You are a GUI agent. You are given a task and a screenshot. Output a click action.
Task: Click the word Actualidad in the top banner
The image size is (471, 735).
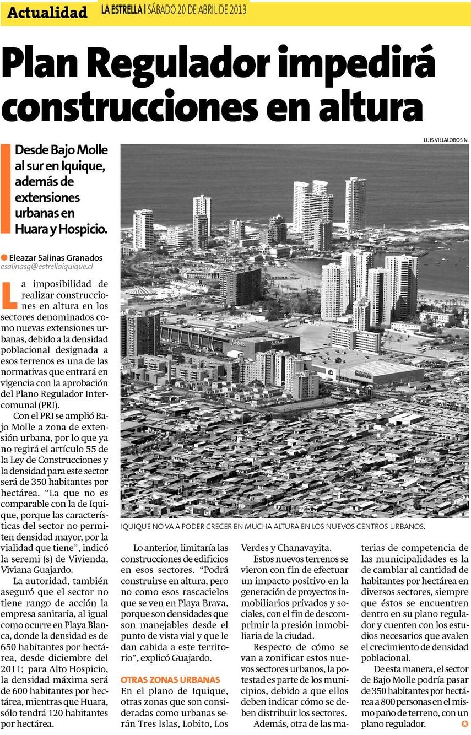tap(47, 13)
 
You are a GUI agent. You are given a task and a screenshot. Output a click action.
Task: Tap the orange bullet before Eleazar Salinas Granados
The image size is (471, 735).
tap(4, 257)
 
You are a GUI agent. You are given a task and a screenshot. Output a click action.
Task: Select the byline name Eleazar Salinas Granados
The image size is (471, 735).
tap(56, 257)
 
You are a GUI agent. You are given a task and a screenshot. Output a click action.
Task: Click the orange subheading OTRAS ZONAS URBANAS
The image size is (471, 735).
tap(170, 679)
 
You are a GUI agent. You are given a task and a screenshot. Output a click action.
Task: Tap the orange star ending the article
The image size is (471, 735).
tap(465, 723)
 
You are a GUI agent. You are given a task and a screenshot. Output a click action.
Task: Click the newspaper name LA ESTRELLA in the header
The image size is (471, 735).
tap(121, 10)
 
